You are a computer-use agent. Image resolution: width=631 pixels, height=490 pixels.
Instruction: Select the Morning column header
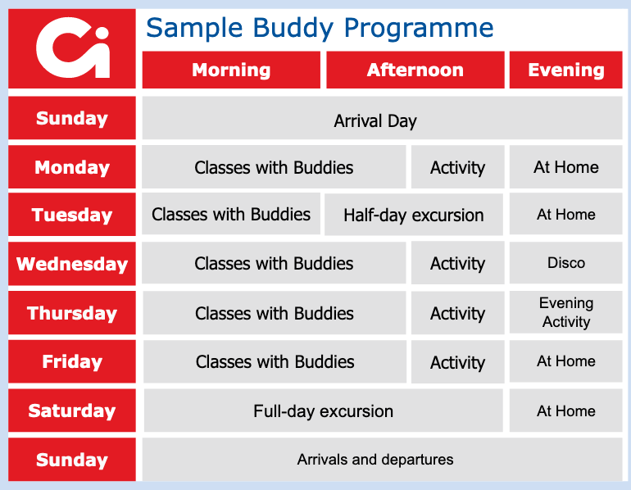pos(231,70)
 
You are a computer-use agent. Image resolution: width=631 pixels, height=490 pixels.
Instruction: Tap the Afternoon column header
pos(415,70)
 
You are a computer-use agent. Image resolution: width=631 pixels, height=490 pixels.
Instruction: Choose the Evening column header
pos(565,70)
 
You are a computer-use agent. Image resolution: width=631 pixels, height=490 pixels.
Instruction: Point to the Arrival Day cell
pos(383,118)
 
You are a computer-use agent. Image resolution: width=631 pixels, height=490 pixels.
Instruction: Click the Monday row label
pos(72,167)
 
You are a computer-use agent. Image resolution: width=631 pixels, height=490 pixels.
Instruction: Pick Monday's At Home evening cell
pos(565,167)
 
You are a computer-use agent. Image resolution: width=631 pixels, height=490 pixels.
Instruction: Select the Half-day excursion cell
pos(414,215)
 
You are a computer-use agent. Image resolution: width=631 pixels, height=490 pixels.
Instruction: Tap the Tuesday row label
pos(72,215)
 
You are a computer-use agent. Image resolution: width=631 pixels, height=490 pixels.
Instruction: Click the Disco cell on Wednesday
pos(565,263)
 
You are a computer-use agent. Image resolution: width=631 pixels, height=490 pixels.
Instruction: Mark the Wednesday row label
pos(72,264)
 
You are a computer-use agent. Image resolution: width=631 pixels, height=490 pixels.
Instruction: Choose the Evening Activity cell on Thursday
pos(565,312)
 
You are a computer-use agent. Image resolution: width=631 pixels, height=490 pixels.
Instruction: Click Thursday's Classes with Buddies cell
pos(275,313)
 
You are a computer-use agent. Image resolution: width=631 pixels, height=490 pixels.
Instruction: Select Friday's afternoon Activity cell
pos(457,362)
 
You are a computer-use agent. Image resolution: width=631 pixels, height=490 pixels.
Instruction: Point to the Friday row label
pos(72,361)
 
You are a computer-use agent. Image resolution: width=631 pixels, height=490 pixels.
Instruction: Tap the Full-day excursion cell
pos(323,411)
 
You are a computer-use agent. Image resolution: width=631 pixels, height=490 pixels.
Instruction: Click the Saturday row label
pos(72,411)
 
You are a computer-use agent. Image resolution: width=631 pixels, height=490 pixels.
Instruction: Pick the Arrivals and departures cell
pos(383,460)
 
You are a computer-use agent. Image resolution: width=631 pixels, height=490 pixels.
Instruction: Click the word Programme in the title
pos(419,29)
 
